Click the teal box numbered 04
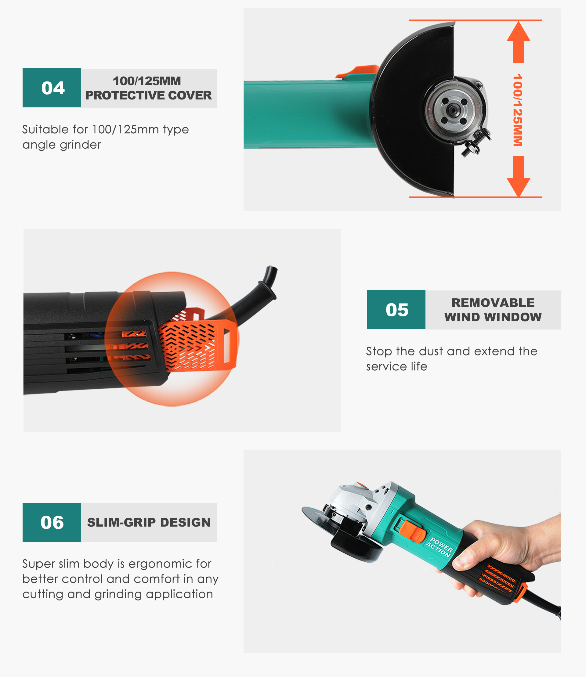tap(52, 88)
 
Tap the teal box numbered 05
tap(396, 310)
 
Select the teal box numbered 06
tap(52, 522)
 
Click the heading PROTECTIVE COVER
tap(148, 95)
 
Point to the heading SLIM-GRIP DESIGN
tap(149, 522)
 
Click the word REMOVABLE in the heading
tap(493, 303)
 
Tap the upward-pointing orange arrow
tap(518, 42)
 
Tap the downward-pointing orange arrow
tap(518, 177)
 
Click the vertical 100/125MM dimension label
tap(518, 110)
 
